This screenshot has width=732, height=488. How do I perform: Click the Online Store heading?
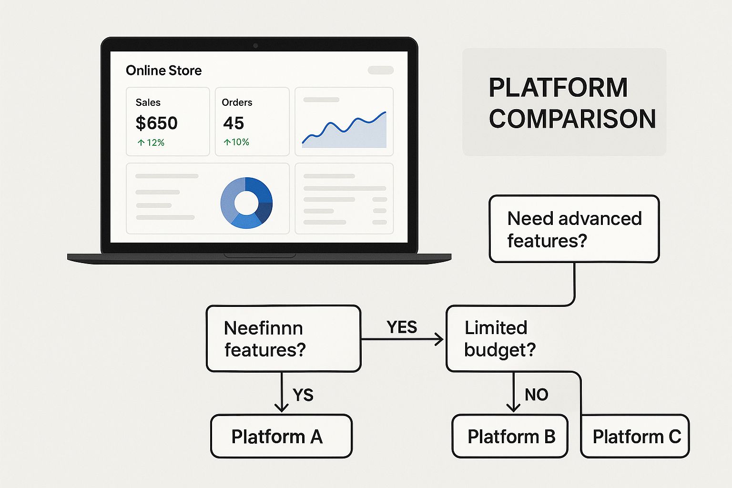[164, 71]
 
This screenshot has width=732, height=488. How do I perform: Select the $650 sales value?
[156, 123]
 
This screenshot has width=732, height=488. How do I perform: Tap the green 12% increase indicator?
[151, 142]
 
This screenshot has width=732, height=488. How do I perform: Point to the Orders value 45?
[234, 123]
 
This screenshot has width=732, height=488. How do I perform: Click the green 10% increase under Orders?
[236, 142]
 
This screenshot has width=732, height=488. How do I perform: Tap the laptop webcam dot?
[255, 45]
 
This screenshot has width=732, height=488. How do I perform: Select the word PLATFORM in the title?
[558, 88]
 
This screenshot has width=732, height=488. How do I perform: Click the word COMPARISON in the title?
[572, 119]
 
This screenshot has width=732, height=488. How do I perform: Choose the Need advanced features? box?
[574, 229]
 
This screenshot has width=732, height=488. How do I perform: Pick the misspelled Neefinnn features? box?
[284, 339]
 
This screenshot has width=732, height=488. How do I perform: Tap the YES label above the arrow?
[402, 327]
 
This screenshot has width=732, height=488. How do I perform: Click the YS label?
[303, 395]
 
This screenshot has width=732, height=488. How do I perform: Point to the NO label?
[536, 395]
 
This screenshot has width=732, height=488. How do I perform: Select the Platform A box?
[281, 436]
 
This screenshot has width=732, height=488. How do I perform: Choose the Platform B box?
[510, 436]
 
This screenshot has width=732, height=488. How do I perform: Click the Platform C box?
[635, 436]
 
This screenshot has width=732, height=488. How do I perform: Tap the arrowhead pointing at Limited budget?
[439, 339]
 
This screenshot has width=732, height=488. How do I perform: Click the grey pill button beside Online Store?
[381, 70]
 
